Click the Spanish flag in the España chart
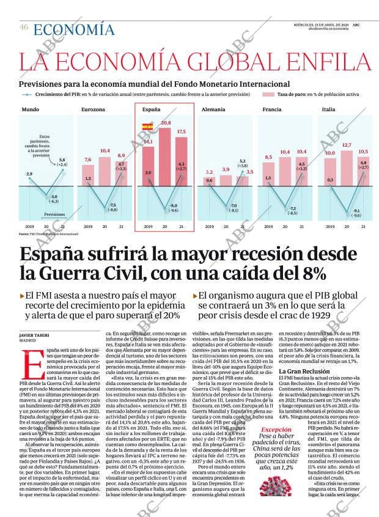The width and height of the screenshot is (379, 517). point(147,127)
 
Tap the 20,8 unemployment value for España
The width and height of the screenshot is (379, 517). point(165,123)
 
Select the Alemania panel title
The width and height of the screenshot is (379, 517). point(213,109)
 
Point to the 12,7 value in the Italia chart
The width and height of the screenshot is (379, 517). point(347,145)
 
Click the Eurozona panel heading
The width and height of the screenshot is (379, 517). point(93,109)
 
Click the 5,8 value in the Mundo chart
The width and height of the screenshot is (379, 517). point(62,161)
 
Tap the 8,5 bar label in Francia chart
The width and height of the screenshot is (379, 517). point(268,157)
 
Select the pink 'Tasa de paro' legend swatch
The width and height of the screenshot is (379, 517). point(268,95)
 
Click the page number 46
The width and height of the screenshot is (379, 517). point(24,27)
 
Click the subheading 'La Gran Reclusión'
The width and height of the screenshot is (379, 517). point(305,371)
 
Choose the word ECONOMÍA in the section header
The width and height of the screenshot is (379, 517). point(73,29)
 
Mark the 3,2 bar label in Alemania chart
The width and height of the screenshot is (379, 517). point(209,172)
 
